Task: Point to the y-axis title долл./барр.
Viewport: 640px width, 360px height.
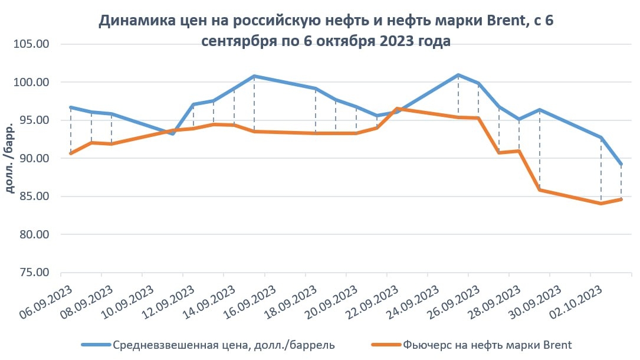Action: (x=11, y=159)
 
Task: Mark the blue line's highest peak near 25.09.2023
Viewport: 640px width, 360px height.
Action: (x=458, y=75)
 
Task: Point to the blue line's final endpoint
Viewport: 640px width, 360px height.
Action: (x=621, y=165)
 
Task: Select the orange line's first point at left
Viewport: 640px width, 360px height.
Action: (x=71, y=153)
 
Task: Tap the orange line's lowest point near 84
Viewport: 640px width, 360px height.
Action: (x=600, y=204)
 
